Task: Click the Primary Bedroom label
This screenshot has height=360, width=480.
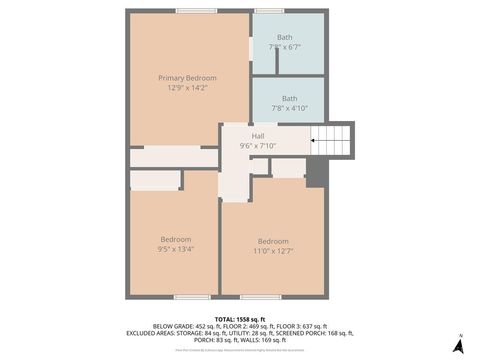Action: pos(187,77)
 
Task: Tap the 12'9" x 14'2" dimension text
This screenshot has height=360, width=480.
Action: pos(187,87)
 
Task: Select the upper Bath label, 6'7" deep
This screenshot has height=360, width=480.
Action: pos(286,38)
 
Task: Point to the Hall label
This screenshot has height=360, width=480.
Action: pos(258,136)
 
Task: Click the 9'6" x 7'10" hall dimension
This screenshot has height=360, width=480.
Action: pos(258,146)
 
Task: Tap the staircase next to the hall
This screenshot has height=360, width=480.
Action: pos(333,140)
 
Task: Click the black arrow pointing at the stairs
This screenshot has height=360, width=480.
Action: pos(314,141)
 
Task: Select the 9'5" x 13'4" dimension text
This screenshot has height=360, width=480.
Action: pos(176,249)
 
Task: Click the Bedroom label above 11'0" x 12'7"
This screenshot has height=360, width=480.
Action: pos(273,241)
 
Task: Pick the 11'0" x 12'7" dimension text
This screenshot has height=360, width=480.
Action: pos(273,251)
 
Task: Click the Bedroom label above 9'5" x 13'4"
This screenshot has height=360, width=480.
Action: pos(176,239)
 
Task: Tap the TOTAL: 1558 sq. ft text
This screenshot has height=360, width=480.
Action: pos(239,318)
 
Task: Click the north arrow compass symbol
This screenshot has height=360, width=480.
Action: pos(458,344)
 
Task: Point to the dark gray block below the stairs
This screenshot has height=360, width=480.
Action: pos(316,173)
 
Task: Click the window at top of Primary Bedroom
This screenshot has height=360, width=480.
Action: pos(196,11)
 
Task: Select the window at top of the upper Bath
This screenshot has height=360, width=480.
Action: pos(268,11)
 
